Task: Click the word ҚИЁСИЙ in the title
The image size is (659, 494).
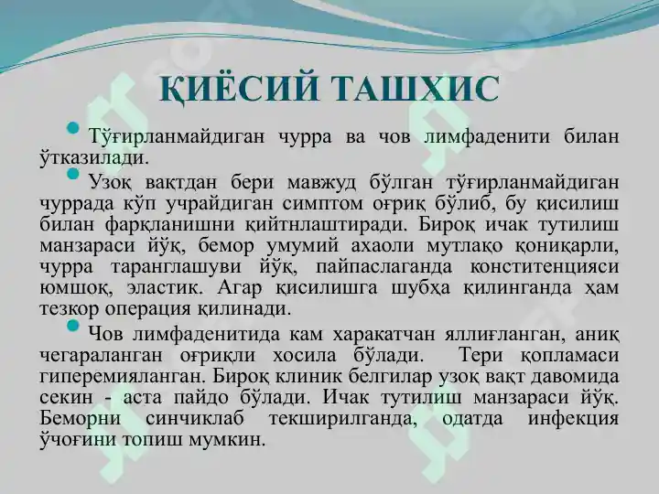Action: pyautogui.click(x=239, y=89)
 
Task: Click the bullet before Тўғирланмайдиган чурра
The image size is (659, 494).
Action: pyautogui.click(x=73, y=127)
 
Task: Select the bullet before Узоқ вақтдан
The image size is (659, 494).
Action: pyautogui.click(x=73, y=173)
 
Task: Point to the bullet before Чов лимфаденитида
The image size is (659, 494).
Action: pyautogui.click(x=73, y=325)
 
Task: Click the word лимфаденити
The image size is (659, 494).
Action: pyautogui.click(x=487, y=137)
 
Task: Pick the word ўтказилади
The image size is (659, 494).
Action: pyautogui.click(x=94, y=158)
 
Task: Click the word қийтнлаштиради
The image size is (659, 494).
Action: pyautogui.click(x=326, y=224)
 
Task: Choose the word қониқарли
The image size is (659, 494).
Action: pyautogui.click(x=567, y=246)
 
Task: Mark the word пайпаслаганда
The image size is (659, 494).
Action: pyautogui.click(x=384, y=267)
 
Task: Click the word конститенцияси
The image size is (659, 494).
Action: pyautogui.click(x=545, y=267)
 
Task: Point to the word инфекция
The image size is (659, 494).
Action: pyautogui.click(x=573, y=418)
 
